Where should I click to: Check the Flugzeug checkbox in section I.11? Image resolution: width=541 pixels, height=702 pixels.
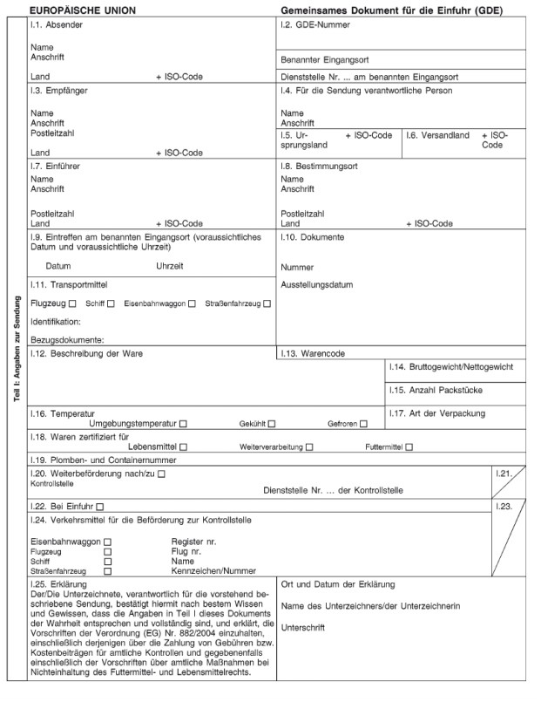pyautogui.click(x=72, y=303)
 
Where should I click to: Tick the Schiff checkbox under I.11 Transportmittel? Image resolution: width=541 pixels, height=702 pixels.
pyautogui.click(x=111, y=303)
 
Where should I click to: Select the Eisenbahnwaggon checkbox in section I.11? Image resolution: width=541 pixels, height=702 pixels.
pyautogui.click(x=192, y=303)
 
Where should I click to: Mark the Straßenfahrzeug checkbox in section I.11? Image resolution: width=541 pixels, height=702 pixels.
pyautogui.click(x=267, y=303)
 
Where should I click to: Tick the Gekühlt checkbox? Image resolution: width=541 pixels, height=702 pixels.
pyautogui.click(x=272, y=424)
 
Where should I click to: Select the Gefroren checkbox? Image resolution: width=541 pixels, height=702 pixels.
pyautogui.click(x=363, y=424)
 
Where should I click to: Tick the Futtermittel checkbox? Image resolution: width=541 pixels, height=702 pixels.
pyautogui.click(x=409, y=446)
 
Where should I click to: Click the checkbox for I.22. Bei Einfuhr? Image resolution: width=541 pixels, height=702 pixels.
pyautogui.click(x=100, y=506)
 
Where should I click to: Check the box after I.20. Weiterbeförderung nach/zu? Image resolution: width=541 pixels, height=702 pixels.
pyautogui.click(x=160, y=473)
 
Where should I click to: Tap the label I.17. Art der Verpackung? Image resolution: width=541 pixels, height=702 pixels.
pyautogui.click(x=436, y=412)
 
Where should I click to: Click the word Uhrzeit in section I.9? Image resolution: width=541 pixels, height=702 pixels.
pyautogui.click(x=170, y=265)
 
